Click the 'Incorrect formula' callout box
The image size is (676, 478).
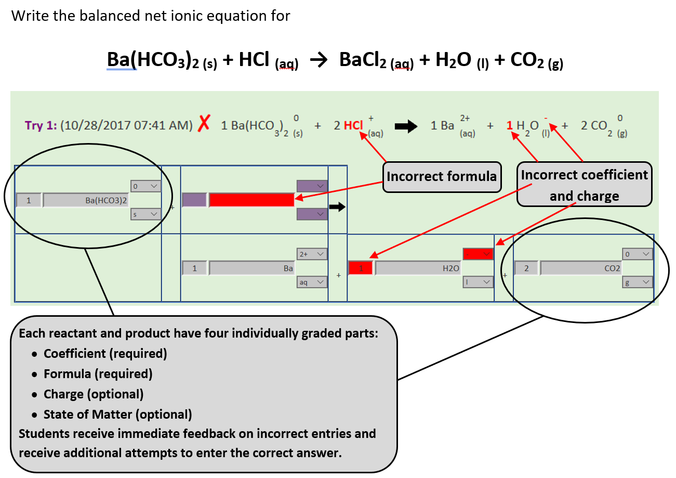coord(442,177)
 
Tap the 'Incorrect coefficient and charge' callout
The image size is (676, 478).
coord(584,185)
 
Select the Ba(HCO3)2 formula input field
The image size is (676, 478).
coord(86,200)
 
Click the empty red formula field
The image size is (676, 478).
coord(251,200)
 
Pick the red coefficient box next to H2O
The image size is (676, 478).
coord(360,268)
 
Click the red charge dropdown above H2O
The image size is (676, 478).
coord(478,254)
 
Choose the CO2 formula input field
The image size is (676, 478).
coord(581,268)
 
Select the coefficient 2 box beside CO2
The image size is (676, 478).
coord(526,268)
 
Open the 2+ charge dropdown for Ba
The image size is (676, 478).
coord(312,254)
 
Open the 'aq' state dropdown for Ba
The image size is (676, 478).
coord(312,282)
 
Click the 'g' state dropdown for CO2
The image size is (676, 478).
coord(638,282)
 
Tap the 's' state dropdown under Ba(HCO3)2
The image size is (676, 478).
coord(146,214)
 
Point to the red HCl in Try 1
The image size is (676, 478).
coord(354,125)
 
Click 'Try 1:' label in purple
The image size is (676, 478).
coord(41,125)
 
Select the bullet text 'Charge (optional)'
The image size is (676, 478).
coord(94,394)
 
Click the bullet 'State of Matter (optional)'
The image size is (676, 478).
coord(118,415)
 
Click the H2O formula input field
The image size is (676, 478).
coord(418,268)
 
